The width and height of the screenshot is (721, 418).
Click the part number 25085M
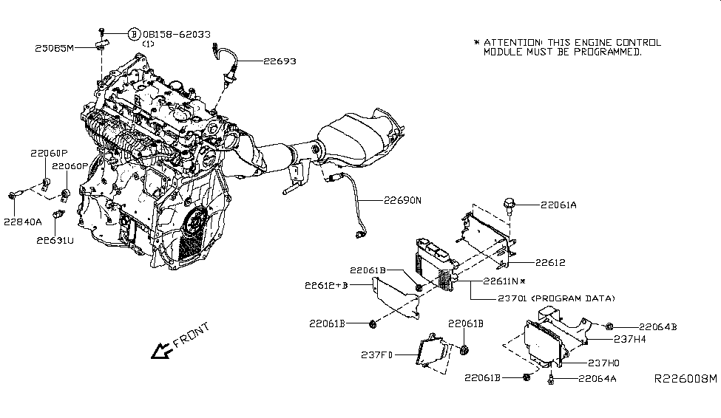tap(55, 48)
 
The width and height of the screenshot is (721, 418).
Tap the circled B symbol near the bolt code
tap(134, 34)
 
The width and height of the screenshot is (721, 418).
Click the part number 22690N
tap(402, 200)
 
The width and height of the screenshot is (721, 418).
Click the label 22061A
tap(558, 206)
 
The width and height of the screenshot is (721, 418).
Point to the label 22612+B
tap(326, 285)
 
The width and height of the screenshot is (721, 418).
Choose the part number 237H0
tap(604, 363)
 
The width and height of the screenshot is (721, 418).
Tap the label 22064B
tap(658, 326)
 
